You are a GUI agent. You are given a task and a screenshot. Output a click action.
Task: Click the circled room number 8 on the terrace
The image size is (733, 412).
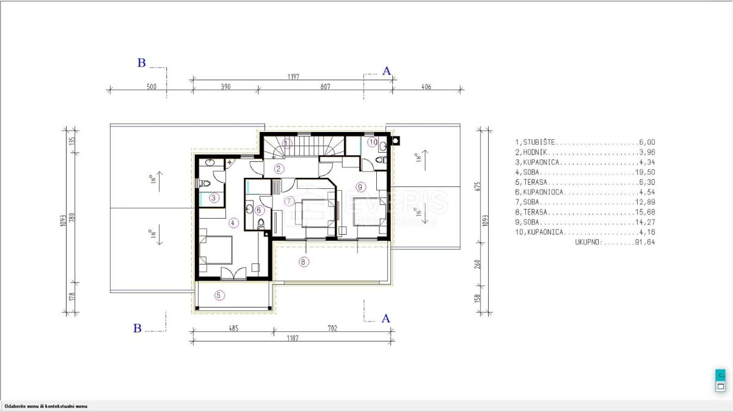(304, 262)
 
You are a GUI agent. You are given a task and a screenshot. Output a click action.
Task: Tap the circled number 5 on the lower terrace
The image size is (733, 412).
(219, 295)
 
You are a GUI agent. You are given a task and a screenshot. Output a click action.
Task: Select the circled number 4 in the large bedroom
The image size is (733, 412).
(233, 223)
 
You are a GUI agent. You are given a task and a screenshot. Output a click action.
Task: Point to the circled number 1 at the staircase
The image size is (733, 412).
(287, 142)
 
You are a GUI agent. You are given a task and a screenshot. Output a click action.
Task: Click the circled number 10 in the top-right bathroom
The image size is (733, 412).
(373, 142)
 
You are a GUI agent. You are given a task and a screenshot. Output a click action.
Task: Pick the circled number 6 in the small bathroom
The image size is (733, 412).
(258, 210)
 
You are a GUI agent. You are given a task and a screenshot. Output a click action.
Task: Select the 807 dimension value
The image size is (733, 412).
(324, 87)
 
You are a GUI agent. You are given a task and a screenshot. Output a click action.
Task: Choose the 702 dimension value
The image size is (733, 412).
(332, 328)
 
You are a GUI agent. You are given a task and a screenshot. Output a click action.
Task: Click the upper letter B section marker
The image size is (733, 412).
(141, 62)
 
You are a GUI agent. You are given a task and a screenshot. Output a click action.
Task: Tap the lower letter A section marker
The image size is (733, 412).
(385, 318)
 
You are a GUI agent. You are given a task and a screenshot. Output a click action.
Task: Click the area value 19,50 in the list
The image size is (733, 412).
(646, 172)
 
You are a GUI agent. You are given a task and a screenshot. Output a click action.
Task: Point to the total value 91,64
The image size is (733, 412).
(646, 242)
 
